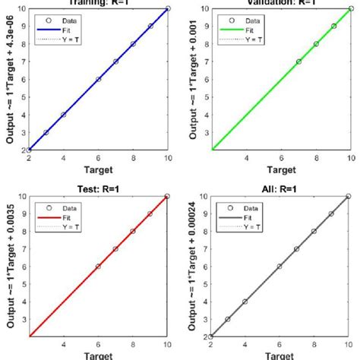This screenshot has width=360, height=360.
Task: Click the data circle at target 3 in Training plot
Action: [46, 132]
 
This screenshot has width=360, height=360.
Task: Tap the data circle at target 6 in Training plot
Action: [99, 79]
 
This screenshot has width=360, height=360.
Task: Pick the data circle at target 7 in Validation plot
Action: [298, 62]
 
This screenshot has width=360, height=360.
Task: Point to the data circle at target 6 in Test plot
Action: [99, 266]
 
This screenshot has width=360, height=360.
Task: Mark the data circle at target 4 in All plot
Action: [245, 302]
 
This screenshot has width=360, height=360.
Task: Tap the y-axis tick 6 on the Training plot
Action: [24, 79]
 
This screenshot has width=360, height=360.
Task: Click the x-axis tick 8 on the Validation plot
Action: [316, 159]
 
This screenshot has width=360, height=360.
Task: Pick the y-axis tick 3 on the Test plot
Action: [24, 319]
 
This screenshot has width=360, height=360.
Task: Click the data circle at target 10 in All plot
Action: [350, 196]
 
